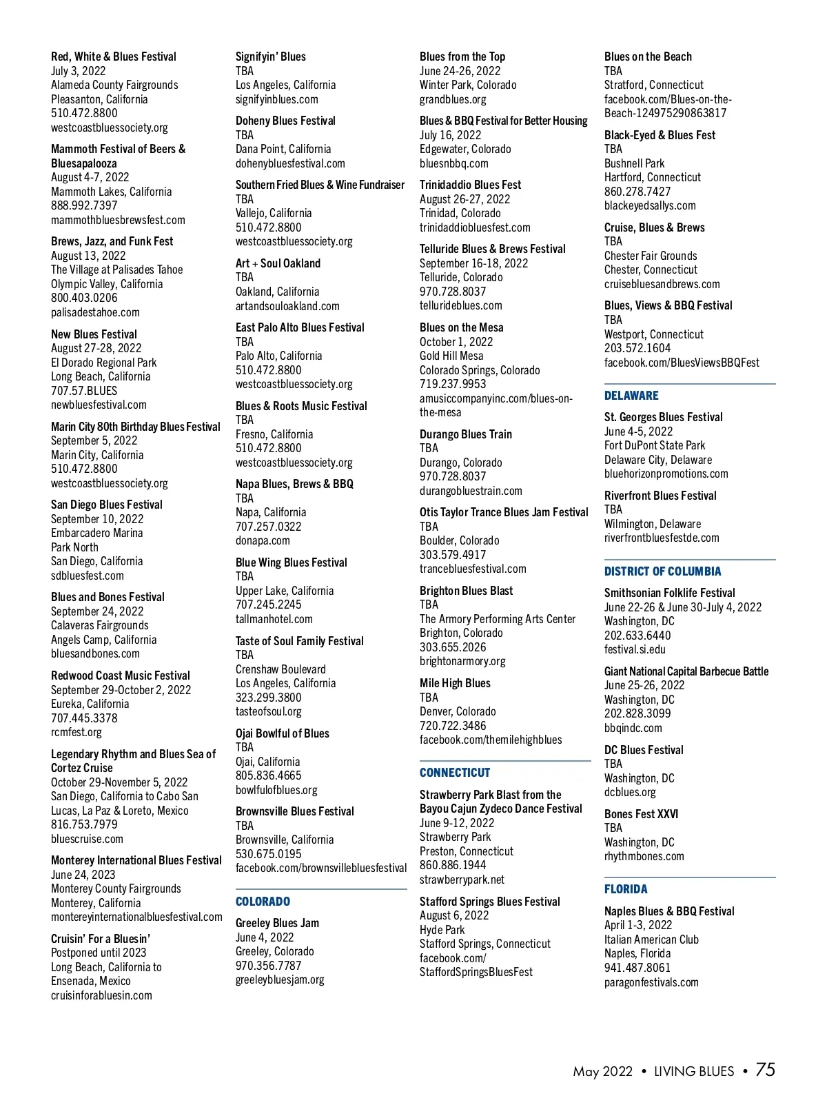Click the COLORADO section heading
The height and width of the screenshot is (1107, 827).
point(263,902)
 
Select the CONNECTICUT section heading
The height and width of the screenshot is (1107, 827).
point(455,773)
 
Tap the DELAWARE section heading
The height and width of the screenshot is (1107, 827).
point(631,396)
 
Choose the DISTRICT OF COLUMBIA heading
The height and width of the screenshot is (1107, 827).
point(662,571)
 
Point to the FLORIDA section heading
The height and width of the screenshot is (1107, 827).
point(626,889)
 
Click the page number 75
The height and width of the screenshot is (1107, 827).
point(765,1070)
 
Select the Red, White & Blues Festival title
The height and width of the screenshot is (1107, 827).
point(114,57)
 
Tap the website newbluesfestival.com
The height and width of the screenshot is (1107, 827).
point(99,405)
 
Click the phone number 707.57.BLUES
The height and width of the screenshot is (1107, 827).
point(84,391)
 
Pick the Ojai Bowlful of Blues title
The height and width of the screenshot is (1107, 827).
point(283,733)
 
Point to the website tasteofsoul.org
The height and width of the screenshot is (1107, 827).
point(269,711)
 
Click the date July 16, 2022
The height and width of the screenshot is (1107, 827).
point(451,135)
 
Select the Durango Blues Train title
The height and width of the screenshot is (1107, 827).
point(466,434)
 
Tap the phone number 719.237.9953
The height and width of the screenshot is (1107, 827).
point(453,384)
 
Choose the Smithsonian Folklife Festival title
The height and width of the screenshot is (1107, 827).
point(670,593)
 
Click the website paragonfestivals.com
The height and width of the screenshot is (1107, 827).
point(651,982)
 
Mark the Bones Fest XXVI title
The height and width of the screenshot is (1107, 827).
point(641,814)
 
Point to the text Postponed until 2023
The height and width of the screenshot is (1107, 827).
point(99,953)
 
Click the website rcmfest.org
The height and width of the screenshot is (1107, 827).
point(76,732)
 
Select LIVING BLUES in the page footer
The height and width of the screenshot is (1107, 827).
point(694,1071)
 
